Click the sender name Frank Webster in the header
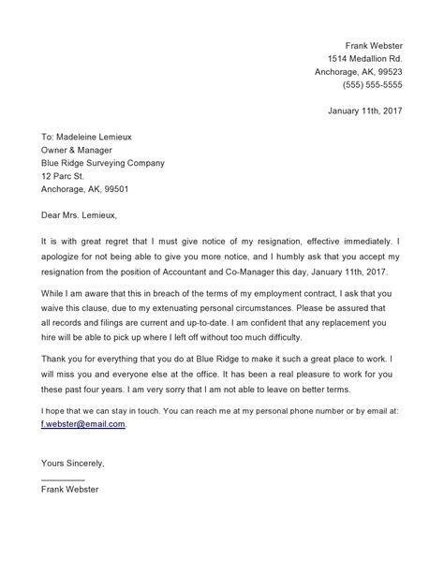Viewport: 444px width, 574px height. click(x=374, y=45)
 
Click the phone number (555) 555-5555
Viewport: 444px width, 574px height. click(x=371, y=84)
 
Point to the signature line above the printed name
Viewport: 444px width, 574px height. click(x=64, y=480)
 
